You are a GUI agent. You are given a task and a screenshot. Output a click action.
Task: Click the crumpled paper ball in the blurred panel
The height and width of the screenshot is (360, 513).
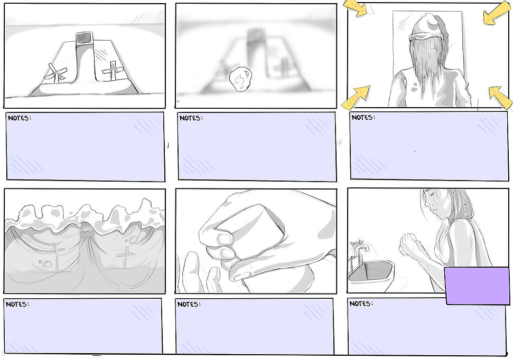[x=240, y=79]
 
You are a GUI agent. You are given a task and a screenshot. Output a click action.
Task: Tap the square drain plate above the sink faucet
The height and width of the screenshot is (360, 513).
[x=85, y=38]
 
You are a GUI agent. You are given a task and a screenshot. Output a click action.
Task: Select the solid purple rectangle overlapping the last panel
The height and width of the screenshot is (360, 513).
[x=478, y=286]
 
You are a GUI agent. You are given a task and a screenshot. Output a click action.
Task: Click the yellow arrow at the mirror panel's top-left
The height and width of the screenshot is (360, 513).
[x=356, y=8]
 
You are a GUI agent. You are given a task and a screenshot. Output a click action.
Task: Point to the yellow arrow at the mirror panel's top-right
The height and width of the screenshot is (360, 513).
[x=497, y=13]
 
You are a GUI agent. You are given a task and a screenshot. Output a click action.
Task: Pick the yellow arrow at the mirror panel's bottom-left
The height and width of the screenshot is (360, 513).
[x=356, y=98]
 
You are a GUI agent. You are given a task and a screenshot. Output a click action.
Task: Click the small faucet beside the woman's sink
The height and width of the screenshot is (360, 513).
[x=360, y=251]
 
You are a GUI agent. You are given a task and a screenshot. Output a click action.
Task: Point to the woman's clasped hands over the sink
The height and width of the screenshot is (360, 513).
[x=409, y=244]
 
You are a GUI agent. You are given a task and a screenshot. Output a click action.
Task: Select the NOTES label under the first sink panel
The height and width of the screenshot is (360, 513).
[x=20, y=118]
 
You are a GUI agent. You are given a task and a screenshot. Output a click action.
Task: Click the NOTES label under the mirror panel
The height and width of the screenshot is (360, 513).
[x=363, y=117]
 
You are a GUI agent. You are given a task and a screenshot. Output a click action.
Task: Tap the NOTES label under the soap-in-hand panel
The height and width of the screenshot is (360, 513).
[x=189, y=304]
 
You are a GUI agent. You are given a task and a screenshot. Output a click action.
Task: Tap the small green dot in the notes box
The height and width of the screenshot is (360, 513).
[x=415, y=151]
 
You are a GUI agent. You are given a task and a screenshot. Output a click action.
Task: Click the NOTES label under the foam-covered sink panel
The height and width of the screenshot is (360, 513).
[x=17, y=304]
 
